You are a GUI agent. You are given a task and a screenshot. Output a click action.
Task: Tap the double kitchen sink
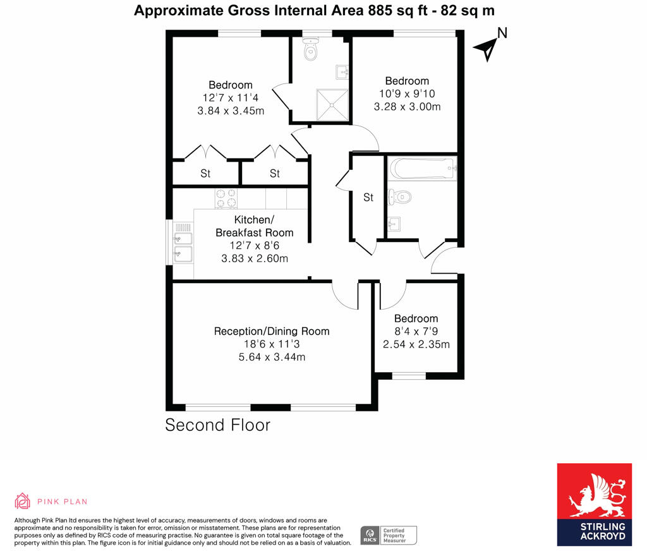(x=183, y=244)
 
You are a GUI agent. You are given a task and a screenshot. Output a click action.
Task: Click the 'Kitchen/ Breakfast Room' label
(x=255, y=226)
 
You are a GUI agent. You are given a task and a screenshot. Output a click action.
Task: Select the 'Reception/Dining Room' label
(x=272, y=331)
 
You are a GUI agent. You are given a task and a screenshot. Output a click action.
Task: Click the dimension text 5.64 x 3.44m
(x=272, y=358)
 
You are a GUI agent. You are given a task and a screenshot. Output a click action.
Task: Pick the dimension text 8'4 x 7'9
(x=416, y=332)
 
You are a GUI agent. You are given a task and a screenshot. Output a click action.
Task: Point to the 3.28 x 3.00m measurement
(x=407, y=107)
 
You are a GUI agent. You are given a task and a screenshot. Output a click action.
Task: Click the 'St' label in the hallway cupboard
(x=368, y=198)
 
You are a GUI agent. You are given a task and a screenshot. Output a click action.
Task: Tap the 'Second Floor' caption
(x=217, y=425)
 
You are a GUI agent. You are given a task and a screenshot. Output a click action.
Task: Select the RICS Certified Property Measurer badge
(x=388, y=535)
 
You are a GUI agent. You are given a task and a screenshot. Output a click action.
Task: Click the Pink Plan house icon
(x=23, y=501)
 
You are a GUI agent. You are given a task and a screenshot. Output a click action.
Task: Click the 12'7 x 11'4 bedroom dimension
(x=231, y=98)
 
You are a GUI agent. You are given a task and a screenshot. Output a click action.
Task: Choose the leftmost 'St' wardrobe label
(x=205, y=174)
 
